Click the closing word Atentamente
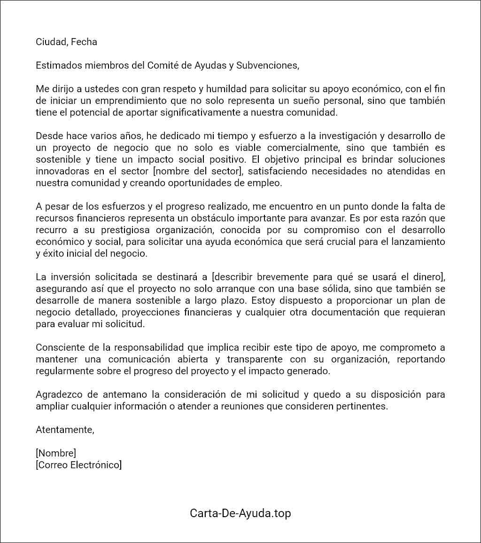[65, 430]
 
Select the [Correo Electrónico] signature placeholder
[78, 465]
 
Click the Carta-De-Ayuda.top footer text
[240, 513]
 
